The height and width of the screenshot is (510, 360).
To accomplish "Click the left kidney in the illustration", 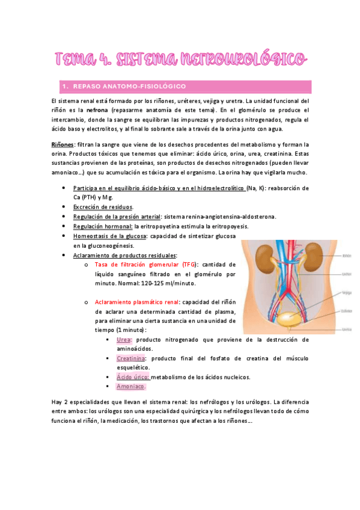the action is tap(267, 256).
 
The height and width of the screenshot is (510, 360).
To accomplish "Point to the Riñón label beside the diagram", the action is tap(346, 255).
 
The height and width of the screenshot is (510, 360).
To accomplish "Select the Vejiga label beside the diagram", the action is tap(346, 293).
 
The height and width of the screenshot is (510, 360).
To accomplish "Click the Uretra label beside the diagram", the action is tap(346, 330).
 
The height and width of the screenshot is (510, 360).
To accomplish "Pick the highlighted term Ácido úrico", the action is tap(132, 377).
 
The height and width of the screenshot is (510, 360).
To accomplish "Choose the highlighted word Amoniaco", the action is tap(131, 387).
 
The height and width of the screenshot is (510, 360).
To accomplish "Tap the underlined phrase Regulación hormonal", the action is tap(103, 226).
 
